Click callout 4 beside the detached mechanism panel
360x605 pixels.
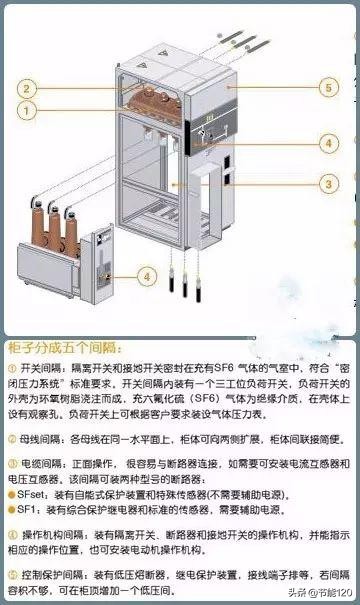[x=146, y=275]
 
